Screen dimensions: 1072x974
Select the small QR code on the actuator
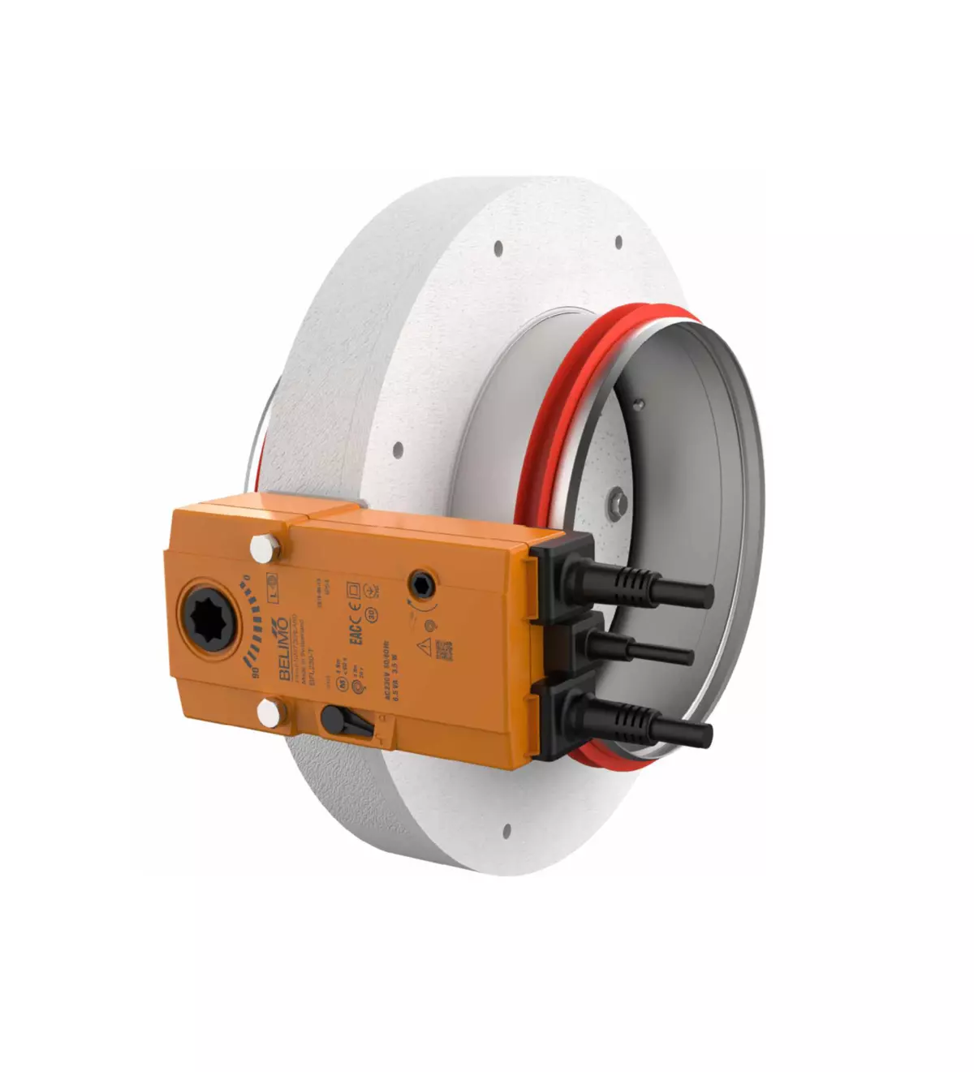coord(443,648)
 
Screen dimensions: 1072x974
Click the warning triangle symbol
coord(423,646)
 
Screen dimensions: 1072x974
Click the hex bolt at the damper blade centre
coord(618,502)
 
